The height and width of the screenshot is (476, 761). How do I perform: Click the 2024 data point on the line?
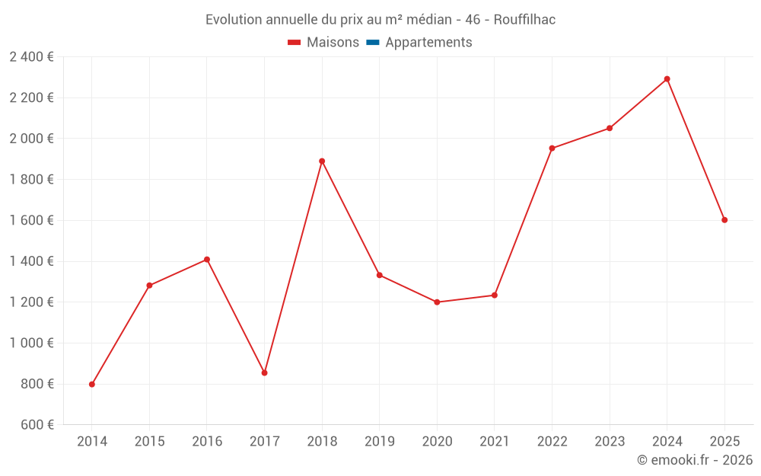click(x=667, y=79)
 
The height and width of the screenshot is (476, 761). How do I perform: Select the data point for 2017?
click(x=264, y=372)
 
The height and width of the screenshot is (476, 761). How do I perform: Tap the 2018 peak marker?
click(x=322, y=161)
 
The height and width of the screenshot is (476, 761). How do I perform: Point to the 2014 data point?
click(x=92, y=384)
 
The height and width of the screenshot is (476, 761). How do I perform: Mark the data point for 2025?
click(x=724, y=220)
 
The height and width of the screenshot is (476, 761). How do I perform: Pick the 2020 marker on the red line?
click(x=437, y=302)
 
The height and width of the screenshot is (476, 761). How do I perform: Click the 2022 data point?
click(x=552, y=148)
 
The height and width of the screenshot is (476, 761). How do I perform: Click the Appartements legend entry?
click(x=428, y=43)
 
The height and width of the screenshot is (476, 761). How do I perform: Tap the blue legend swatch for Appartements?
click(x=373, y=43)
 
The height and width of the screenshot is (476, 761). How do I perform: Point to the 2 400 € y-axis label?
click(x=31, y=57)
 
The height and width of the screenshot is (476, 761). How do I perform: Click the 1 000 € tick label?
click(x=31, y=343)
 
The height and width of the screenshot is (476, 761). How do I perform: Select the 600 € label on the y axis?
click(x=36, y=425)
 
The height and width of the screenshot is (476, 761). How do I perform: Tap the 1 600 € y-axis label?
click(x=31, y=221)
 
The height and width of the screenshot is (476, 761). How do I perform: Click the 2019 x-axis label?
click(x=380, y=442)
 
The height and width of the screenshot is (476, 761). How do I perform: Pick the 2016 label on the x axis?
click(x=207, y=442)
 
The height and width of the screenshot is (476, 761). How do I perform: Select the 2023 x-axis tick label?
click(x=610, y=442)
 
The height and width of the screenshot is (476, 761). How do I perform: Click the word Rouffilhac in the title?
click(x=524, y=20)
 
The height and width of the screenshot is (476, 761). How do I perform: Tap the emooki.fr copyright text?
click(x=694, y=460)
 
